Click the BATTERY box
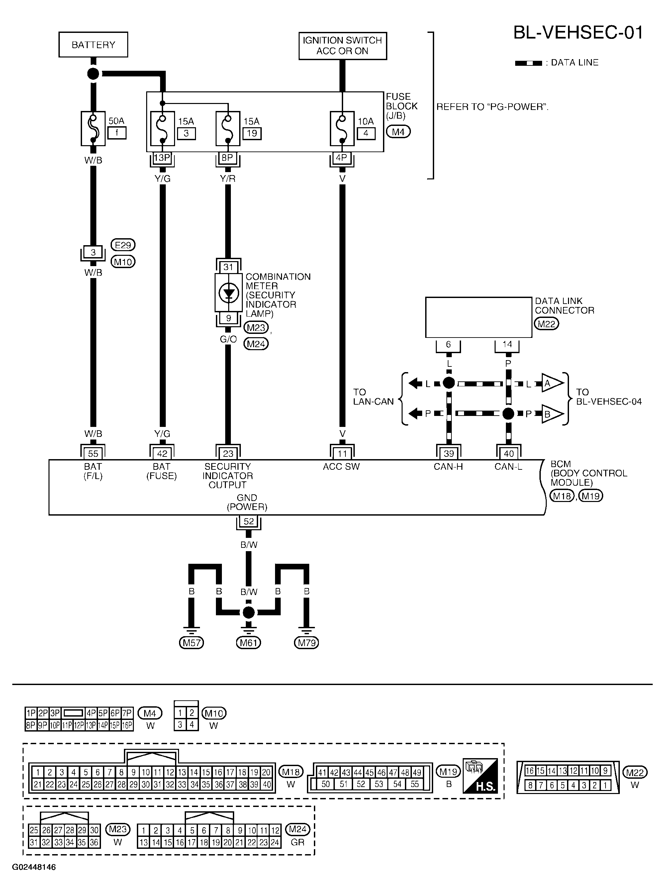click(93, 45)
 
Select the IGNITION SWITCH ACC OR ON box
click(342, 46)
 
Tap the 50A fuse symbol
click(93, 129)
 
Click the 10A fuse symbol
click(342, 129)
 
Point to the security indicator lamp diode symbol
click(228, 293)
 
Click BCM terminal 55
click(93, 454)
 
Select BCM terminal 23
click(228, 454)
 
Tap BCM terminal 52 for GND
click(249, 521)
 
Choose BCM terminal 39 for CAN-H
click(448, 454)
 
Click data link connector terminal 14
click(507, 345)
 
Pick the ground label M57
click(192, 643)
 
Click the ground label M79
click(307, 643)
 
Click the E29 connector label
click(123, 245)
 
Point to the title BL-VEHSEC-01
click(578, 32)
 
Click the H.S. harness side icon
click(480, 776)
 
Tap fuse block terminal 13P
click(162, 158)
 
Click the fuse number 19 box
click(252, 133)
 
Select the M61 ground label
click(249, 643)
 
